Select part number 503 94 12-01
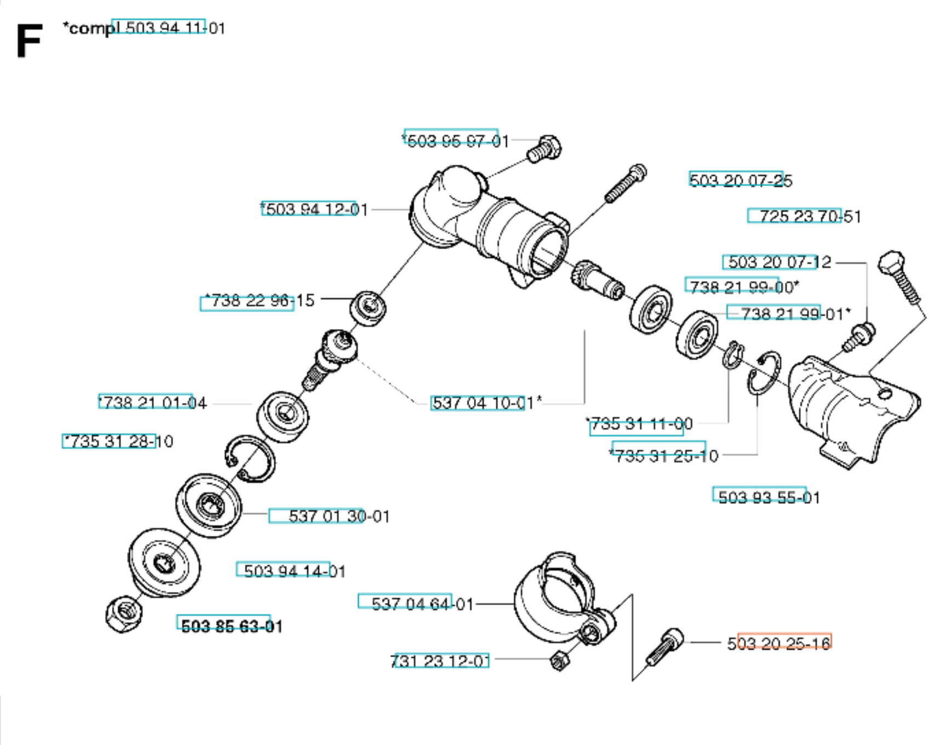tap(314, 209)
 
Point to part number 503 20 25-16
tap(778, 643)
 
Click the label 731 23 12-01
tap(440, 661)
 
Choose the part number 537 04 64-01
tap(422, 604)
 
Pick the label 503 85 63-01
tap(232, 626)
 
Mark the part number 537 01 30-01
tap(339, 516)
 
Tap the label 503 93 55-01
tap(769, 497)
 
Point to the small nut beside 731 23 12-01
tap(559, 660)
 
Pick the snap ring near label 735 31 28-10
tap(250, 459)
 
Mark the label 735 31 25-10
tap(664, 456)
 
